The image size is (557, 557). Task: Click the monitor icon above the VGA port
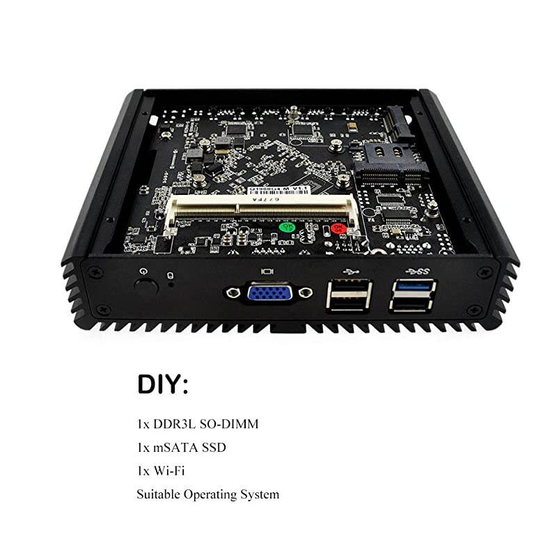click(265, 270)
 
